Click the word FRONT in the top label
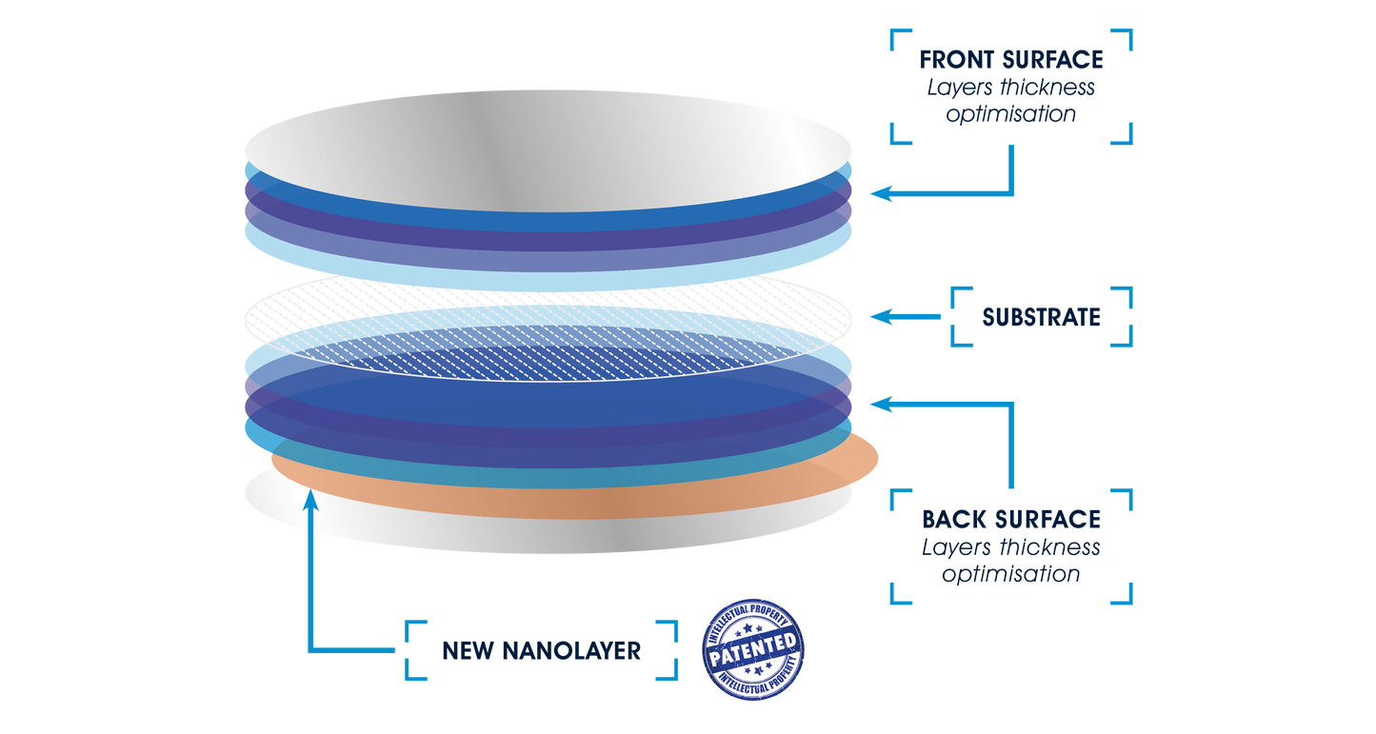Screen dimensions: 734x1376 click(x=956, y=60)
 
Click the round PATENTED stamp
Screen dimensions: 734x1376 click(x=753, y=650)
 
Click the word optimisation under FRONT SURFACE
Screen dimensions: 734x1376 click(x=1011, y=114)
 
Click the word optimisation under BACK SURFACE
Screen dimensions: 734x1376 click(x=1011, y=575)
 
